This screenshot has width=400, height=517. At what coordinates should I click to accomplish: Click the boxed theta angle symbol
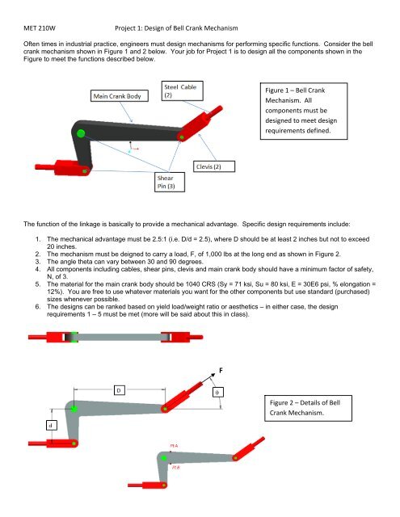(x=217, y=393)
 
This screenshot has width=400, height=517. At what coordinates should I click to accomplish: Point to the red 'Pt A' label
(x=173, y=445)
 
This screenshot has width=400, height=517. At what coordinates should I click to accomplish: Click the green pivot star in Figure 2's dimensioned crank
(x=74, y=410)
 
